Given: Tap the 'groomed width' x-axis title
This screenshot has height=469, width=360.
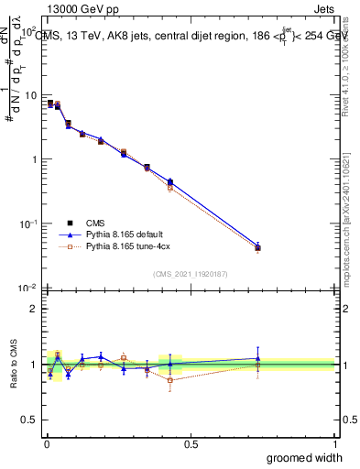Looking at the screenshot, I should click(x=300, y=457).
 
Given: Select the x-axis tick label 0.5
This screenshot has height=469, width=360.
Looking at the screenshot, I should click(x=191, y=444).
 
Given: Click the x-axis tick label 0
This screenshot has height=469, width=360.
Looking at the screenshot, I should click(x=46, y=444).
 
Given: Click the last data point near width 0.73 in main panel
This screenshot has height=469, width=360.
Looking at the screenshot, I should click(x=257, y=247).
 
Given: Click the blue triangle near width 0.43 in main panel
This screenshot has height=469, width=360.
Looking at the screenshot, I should click(x=170, y=182).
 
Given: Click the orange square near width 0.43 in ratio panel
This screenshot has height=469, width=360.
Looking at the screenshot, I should click(x=170, y=379).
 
